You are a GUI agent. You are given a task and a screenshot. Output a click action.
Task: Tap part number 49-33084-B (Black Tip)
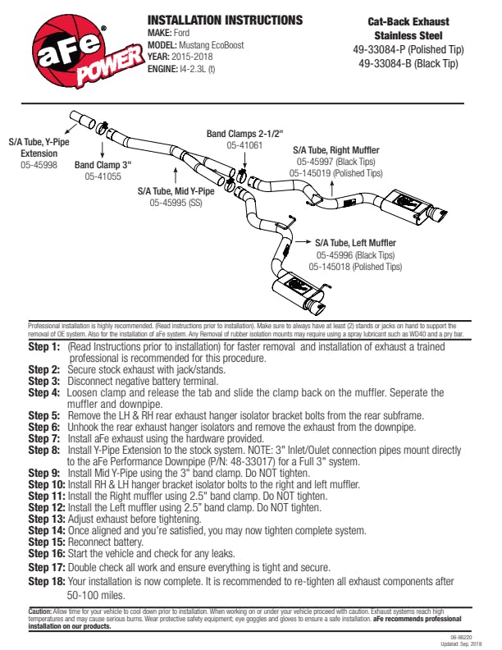pyautogui.click(x=408, y=62)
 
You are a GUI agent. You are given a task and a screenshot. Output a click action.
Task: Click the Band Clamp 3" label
pyautogui.click(x=103, y=165)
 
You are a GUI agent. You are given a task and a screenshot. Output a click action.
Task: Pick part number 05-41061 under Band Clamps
pyautogui.click(x=244, y=144)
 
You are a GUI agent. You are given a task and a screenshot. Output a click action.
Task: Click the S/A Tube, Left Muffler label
pyautogui.click(x=355, y=243)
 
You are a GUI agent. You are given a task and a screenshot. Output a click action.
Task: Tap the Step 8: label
pyautogui.click(x=44, y=451)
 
